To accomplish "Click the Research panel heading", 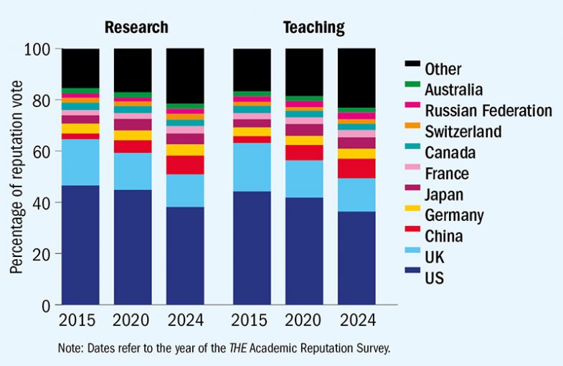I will (136, 28).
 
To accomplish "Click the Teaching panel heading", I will (313, 28).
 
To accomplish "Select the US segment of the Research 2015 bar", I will (80, 245).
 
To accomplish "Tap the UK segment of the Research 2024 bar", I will (185, 190).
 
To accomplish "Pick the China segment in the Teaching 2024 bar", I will (357, 168).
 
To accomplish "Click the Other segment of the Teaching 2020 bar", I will (304, 72).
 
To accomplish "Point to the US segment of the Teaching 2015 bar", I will (252, 248).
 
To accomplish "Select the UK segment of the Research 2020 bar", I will (133, 171).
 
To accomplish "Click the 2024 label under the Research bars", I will (185, 320).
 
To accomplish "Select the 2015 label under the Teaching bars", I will (252, 320).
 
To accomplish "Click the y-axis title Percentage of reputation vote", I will (16, 177).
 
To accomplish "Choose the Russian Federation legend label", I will (488, 111).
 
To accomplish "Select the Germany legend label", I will (454, 215).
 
